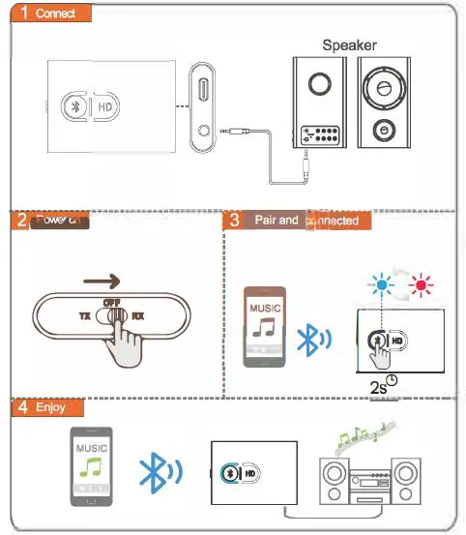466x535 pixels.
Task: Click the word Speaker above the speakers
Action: point(349,45)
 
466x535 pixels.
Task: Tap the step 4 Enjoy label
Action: point(47,408)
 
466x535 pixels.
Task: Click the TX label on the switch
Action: point(83,316)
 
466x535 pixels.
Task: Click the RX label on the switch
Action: point(139,316)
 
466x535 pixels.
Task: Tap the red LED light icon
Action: point(422,284)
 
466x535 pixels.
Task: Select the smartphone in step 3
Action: point(264,325)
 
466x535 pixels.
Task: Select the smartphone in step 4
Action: point(90,465)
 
